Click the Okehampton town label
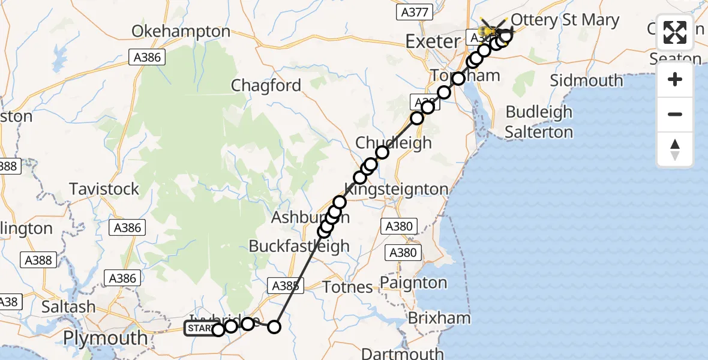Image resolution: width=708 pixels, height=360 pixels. (181, 32)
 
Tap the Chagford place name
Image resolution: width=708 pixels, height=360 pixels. (266, 86)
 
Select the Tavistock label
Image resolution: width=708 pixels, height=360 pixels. (104, 189)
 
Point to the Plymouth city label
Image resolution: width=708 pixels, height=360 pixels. (105, 338)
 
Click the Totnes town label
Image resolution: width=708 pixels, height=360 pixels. (347, 287)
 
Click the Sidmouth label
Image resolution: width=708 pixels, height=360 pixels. (586, 80)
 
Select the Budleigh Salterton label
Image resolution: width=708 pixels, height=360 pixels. (539, 122)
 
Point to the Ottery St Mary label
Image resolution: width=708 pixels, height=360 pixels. (565, 20)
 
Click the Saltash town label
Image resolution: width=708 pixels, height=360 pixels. (68, 307)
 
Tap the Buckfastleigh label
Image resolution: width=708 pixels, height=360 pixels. (299, 246)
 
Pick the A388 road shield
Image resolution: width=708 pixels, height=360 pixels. (39, 260)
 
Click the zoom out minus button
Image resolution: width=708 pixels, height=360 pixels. (675, 114)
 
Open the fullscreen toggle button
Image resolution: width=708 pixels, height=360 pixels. (675, 33)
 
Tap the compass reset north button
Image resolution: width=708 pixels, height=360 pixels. (675, 149)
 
